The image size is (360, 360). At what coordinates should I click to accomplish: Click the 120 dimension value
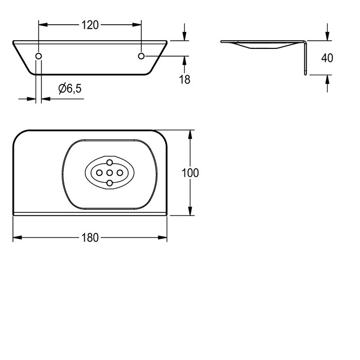pos(90,25)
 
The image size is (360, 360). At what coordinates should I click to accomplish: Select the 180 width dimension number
pos(90,238)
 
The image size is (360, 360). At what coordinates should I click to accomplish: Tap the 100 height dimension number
pos(190,173)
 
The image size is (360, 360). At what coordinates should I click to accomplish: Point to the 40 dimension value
pos(327,58)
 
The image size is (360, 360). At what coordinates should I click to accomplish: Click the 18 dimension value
pos(185,79)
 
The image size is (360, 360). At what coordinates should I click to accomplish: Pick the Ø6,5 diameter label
pos(70,88)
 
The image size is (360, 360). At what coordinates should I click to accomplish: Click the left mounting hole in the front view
pos(39,56)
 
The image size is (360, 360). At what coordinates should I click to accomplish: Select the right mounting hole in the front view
pos(141,56)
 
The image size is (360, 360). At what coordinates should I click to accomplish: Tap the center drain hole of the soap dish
pos(110,173)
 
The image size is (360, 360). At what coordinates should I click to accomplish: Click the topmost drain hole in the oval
pos(110,163)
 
